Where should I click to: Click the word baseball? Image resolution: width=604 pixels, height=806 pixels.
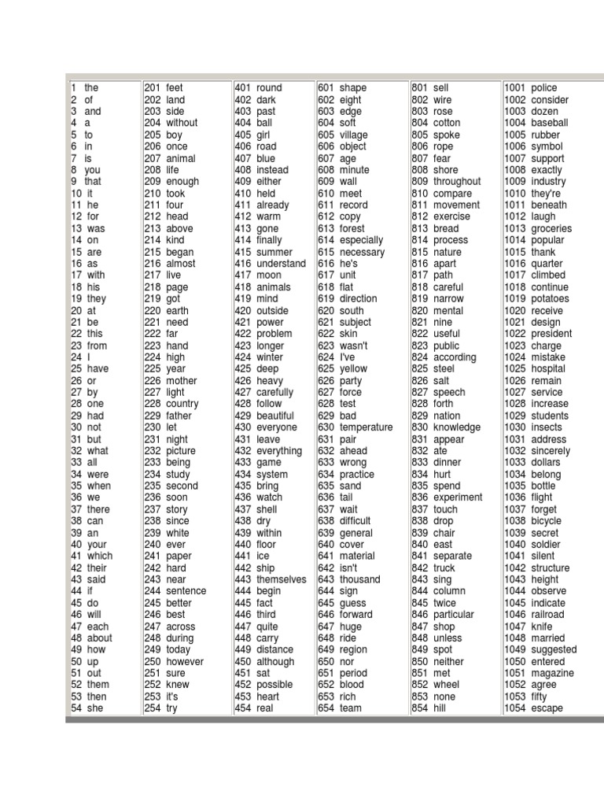pyautogui.click(x=549, y=123)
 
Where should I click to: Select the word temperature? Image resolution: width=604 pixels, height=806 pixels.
pyautogui.click(x=366, y=427)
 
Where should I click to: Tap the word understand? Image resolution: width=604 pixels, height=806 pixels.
pyautogui.click(x=281, y=264)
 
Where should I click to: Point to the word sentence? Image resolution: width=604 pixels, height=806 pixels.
pyautogui.click(x=186, y=591)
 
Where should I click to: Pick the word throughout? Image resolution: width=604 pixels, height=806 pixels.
pyautogui.click(x=457, y=181)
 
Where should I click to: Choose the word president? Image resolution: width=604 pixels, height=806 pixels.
pyautogui.click(x=551, y=334)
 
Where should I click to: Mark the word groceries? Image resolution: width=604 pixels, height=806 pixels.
pyautogui.click(x=551, y=228)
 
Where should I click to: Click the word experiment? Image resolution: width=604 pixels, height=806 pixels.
pyautogui.click(x=458, y=497)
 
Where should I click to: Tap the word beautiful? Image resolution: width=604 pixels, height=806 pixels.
pyautogui.click(x=274, y=416)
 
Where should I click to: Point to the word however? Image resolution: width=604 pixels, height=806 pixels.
pyautogui.click(x=186, y=661)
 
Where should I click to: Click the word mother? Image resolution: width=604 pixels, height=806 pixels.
pyautogui.click(x=182, y=380)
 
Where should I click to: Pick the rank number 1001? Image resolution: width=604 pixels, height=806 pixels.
pyautogui.click(x=515, y=88)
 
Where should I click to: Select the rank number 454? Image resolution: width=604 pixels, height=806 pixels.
pyautogui.click(x=242, y=708)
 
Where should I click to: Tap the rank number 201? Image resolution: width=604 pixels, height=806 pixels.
pyautogui.click(x=152, y=88)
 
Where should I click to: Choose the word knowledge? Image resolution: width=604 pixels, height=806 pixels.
pyautogui.click(x=457, y=427)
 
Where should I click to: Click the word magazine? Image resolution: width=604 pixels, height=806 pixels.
pyautogui.click(x=552, y=673)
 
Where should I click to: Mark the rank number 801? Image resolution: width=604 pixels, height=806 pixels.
pyautogui.click(x=419, y=88)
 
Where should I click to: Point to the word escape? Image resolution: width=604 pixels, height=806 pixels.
pyautogui.click(x=547, y=708)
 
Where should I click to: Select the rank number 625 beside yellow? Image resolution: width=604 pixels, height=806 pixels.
pyautogui.click(x=325, y=368)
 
